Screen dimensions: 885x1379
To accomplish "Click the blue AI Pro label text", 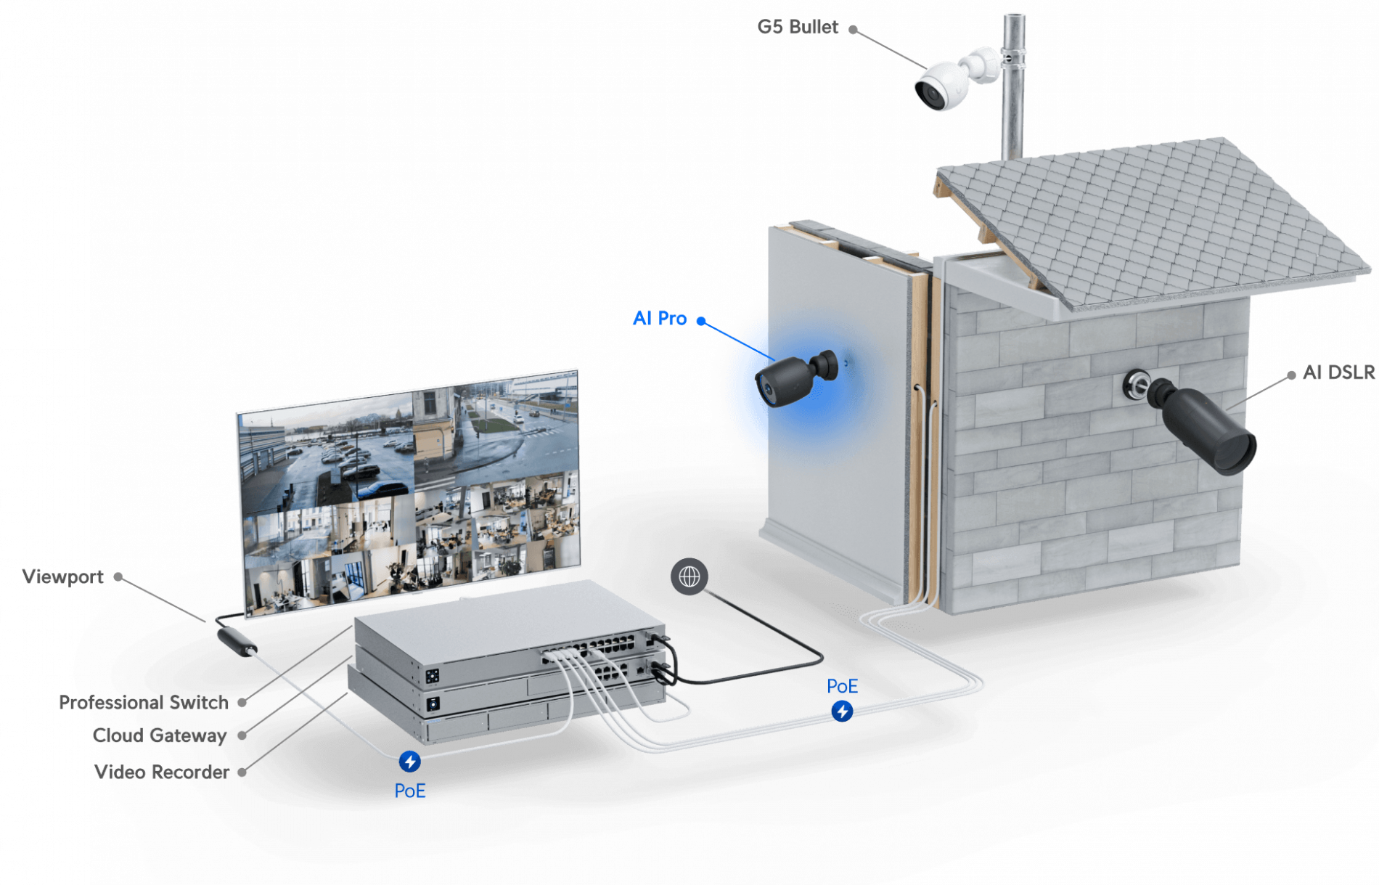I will [659, 319].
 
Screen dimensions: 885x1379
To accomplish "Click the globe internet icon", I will [689, 576].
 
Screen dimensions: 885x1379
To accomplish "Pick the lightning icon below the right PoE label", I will [842, 711].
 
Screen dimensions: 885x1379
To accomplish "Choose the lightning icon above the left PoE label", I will [409, 762].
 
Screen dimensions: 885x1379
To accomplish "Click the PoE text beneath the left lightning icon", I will [409, 791].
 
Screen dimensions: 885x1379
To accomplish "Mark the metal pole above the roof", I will [1012, 87].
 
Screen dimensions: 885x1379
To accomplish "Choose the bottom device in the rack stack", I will [508, 722].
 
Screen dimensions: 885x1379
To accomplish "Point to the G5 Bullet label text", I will [798, 28].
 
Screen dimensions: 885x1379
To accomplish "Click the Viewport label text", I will [62, 577].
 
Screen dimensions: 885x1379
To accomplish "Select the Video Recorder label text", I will [163, 772].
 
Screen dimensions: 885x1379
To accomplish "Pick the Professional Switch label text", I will [145, 703].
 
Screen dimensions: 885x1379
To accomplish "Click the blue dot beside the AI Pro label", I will [701, 320].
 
